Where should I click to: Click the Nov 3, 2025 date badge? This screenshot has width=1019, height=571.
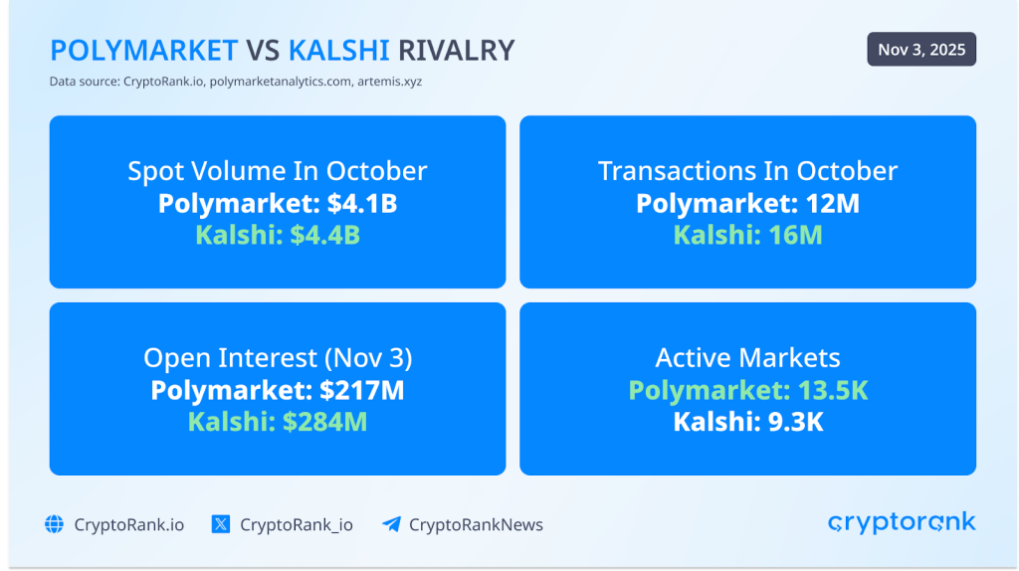[x=920, y=50]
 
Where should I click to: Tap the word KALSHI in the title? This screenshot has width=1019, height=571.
[x=339, y=50]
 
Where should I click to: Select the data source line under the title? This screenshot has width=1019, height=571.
[x=235, y=82]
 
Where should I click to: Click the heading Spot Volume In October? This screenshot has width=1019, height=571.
[x=278, y=171]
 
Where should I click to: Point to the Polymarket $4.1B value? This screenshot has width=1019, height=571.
[x=278, y=204]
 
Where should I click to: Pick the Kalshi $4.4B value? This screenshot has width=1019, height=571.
[x=278, y=237]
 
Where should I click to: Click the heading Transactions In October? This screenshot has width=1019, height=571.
[x=747, y=171]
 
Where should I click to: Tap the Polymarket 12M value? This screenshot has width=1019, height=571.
[x=747, y=204]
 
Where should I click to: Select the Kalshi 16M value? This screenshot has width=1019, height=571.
[x=747, y=237]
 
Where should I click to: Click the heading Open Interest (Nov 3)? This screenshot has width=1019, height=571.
[x=278, y=358]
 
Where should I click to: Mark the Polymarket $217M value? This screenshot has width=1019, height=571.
[x=278, y=391]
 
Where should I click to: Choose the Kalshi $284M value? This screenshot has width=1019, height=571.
[x=278, y=423]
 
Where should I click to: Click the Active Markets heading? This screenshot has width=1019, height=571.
[x=747, y=358]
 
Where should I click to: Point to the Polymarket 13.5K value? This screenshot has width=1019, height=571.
[x=747, y=391]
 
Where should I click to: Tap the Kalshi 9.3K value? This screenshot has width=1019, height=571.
[x=747, y=423]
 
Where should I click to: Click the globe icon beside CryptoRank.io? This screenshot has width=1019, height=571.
[x=54, y=524]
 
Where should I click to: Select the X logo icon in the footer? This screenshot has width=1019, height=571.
[x=221, y=524]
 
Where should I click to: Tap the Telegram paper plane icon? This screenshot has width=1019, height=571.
[x=391, y=524]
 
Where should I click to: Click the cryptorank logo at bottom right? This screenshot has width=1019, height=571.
[x=902, y=523]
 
